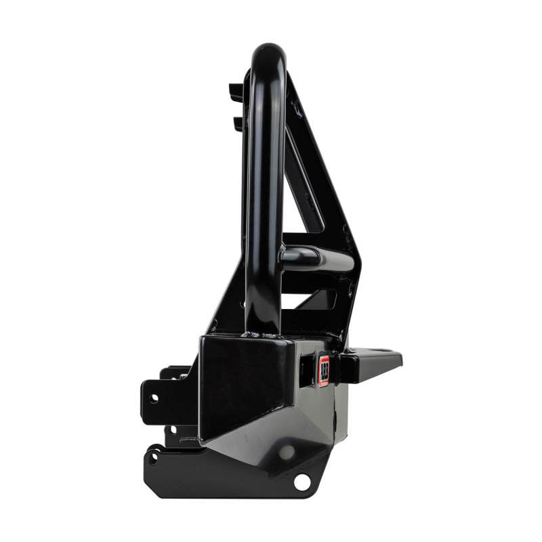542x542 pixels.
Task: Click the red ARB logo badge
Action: pyautogui.click(x=324, y=371)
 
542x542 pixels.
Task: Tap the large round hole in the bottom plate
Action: pyautogui.click(x=302, y=482)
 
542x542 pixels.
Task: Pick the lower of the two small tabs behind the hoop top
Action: pyautogui.click(x=238, y=123)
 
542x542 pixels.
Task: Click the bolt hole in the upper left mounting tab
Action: pyautogui.click(x=154, y=398)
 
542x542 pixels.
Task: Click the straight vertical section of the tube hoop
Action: pyautogui.click(x=265, y=203)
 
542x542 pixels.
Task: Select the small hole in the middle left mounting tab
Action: pyautogui.click(x=173, y=429)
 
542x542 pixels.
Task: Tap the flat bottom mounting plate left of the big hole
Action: pyautogui.click(x=224, y=478)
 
